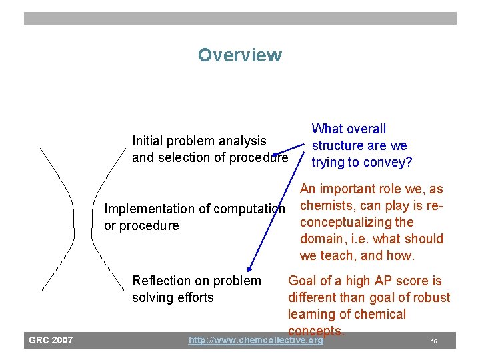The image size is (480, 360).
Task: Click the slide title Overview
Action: point(239,55)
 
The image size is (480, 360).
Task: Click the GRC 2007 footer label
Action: point(51,341)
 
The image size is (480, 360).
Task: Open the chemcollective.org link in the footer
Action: point(255,341)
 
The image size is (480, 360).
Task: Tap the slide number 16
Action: point(433,341)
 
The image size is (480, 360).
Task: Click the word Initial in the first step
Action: point(148,141)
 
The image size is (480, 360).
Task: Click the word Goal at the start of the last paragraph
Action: point(303,281)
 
